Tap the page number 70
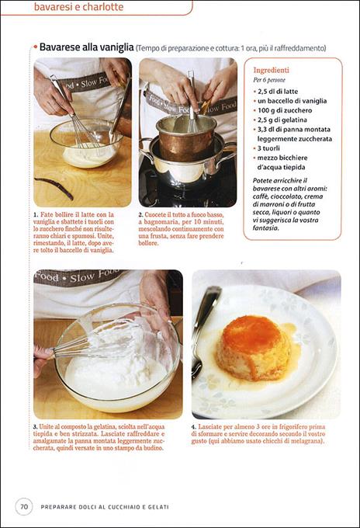click(x=24, y=507)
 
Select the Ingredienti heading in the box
click(x=272, y=68)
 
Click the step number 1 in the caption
click(x=36, y=214)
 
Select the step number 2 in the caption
click(x=141, y=214)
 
